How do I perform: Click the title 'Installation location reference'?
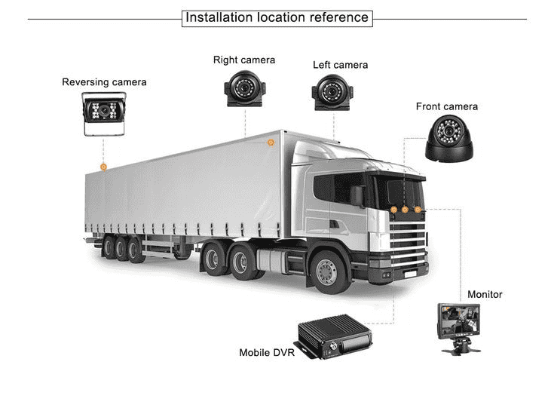coord(277,17)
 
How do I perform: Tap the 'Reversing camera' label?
coord(104,81)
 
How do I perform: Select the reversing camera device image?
coord(103,115)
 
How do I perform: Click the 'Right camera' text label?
coord(244,60)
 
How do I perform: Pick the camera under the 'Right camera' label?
coord(243,90)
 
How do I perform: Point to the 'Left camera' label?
coord(341,65)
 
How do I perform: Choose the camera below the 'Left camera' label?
coord(332,94)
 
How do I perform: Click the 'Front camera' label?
coord(447,106)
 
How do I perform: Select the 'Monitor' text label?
coord(485,294)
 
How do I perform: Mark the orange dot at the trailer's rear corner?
coord(104,166)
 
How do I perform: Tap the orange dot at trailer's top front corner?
coord(271,141)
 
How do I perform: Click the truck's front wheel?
coord(329,270)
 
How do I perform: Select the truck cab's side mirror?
coord(357,195)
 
